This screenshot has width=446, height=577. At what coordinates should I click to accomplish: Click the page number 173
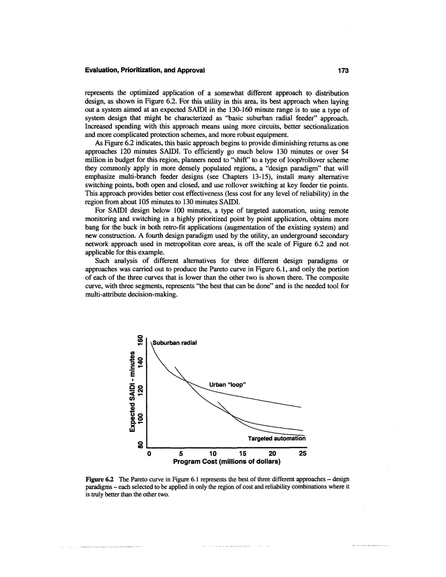click(x=343, y=71)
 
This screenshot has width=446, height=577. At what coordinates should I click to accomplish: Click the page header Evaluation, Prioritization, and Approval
click(x=145, y=71)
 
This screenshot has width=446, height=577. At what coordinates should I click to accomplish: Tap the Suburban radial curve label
click(x=175, y=343)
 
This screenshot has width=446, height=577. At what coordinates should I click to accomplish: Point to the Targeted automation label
click(x=276, y=439)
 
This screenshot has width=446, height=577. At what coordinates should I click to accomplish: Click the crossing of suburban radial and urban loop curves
click(x=187, y=381)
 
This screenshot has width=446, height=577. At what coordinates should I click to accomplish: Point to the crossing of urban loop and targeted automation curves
click(x=232, y=415)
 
